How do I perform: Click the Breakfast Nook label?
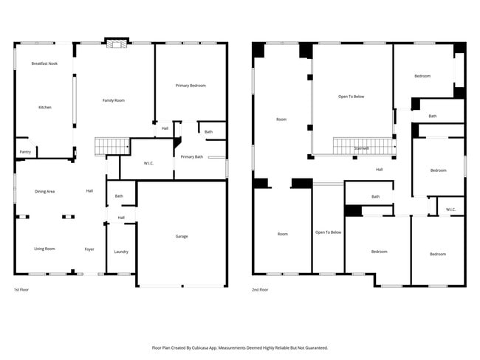click(x=44, y=64)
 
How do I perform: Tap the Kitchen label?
click(x=45, y=108)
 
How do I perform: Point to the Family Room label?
click(x=113, y=100)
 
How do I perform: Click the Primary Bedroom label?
click(x=191, y=86)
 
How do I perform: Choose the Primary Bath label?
click(x=191, y=156)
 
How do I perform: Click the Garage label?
click(x=182, y=236)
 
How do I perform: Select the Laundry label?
click(x=121, y=252)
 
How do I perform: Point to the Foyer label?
click(x=89, y=249)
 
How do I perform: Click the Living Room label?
click(x=44, y=249)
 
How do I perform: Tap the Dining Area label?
click(x=45, y=191)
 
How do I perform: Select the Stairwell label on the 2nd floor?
click(x=361, y=148)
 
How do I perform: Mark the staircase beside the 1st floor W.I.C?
click(x=108, y=146)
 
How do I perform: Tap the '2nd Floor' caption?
click(x=260, y=290)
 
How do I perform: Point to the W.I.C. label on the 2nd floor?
click(x=451, y=210)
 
